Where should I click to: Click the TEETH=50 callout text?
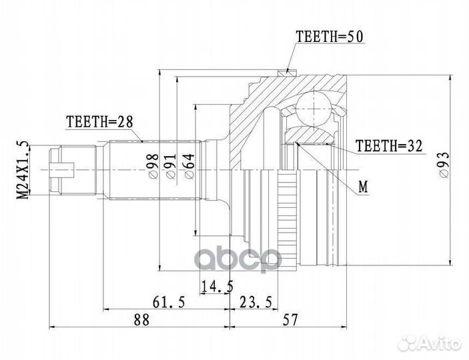click(330, 37)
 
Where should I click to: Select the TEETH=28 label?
click(99, 122)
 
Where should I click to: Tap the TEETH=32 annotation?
click(389, 146)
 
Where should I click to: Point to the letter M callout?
click(364, 187)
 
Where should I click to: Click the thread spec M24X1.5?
click(23, 170)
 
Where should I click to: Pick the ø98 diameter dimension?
click(154, 166)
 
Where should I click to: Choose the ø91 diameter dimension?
click(171, 166)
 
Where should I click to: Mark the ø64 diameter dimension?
click(189, 166)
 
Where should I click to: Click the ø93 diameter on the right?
click(444, 165)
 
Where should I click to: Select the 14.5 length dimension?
click(217, 287)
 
